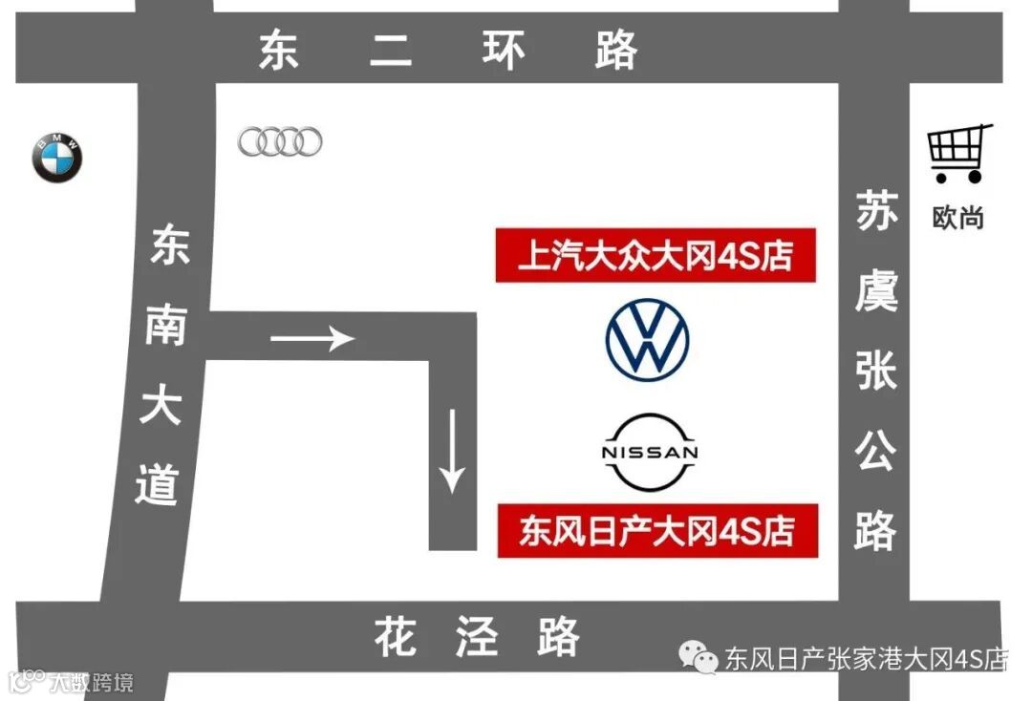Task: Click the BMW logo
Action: pos(58,159)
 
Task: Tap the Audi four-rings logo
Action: pos(280,142)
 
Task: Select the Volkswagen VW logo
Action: pos(647,341)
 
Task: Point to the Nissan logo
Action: pos(649,453)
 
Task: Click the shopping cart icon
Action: pos(958,153)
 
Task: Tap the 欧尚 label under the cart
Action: pos(957,217)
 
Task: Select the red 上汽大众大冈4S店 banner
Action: pos(656,255)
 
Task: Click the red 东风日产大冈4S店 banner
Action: pos(657,530)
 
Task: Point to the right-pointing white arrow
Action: pos(312,337)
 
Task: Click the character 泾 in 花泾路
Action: pos(477,636)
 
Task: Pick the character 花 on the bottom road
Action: pos(396,636)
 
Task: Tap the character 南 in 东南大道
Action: pos(164,325)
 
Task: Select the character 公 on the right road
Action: pos(876,448)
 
